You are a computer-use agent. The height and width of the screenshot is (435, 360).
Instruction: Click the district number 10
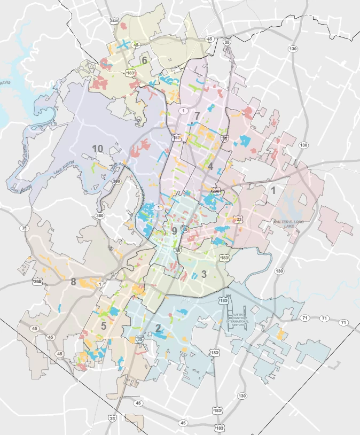97,148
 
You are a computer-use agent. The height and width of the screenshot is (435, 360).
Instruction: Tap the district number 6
144,60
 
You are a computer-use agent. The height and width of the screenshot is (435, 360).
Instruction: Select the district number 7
197,115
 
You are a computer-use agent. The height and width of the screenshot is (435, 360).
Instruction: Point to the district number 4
210,166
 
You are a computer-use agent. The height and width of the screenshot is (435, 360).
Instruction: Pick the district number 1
273,190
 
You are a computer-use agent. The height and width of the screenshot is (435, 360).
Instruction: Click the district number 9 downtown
174,231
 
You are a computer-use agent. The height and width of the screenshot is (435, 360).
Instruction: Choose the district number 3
204,275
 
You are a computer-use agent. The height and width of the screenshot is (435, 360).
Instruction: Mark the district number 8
73,282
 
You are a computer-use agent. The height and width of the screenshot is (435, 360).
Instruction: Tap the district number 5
104,325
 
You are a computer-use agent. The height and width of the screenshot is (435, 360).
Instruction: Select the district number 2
158,328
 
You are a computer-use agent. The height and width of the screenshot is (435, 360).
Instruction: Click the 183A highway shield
114,20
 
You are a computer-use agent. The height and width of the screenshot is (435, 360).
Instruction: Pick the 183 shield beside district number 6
130,72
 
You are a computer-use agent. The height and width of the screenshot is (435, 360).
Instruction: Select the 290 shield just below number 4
216,190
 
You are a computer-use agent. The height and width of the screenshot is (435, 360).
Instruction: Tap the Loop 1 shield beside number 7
184,110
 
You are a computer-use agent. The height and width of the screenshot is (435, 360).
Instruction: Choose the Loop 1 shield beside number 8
100,284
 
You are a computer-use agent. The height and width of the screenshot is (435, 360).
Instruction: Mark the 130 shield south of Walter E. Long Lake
279,271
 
